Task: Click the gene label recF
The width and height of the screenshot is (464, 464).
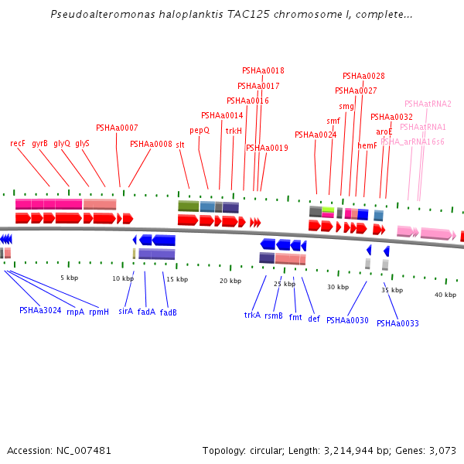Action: tap(18, 143)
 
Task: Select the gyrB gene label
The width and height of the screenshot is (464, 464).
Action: tap(39, 143)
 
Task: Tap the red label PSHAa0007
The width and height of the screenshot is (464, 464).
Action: tap(117, 128)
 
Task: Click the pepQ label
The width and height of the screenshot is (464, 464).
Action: tap(200, 131)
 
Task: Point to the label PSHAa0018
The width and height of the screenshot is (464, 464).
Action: tap(263, 70)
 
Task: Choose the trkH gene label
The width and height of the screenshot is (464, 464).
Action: tap(234, 131)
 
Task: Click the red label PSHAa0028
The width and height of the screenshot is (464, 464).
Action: tap(363, 76)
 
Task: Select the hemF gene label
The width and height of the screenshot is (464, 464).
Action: tap(367, 145)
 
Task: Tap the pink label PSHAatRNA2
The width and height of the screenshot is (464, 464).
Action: tap(428, 104)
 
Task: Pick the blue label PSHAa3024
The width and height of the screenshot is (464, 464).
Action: tap(40, 310)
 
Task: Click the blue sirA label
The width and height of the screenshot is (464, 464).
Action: tap(125, 312)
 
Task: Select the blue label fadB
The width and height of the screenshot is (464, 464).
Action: tap(169, 312)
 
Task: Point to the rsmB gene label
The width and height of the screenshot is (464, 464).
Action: tap(274, 316)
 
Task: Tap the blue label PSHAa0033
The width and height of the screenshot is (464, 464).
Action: tap(397, 323)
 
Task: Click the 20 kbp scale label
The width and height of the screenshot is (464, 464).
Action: tap(230, 281)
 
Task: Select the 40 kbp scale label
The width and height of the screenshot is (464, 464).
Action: tap(445, 295)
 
